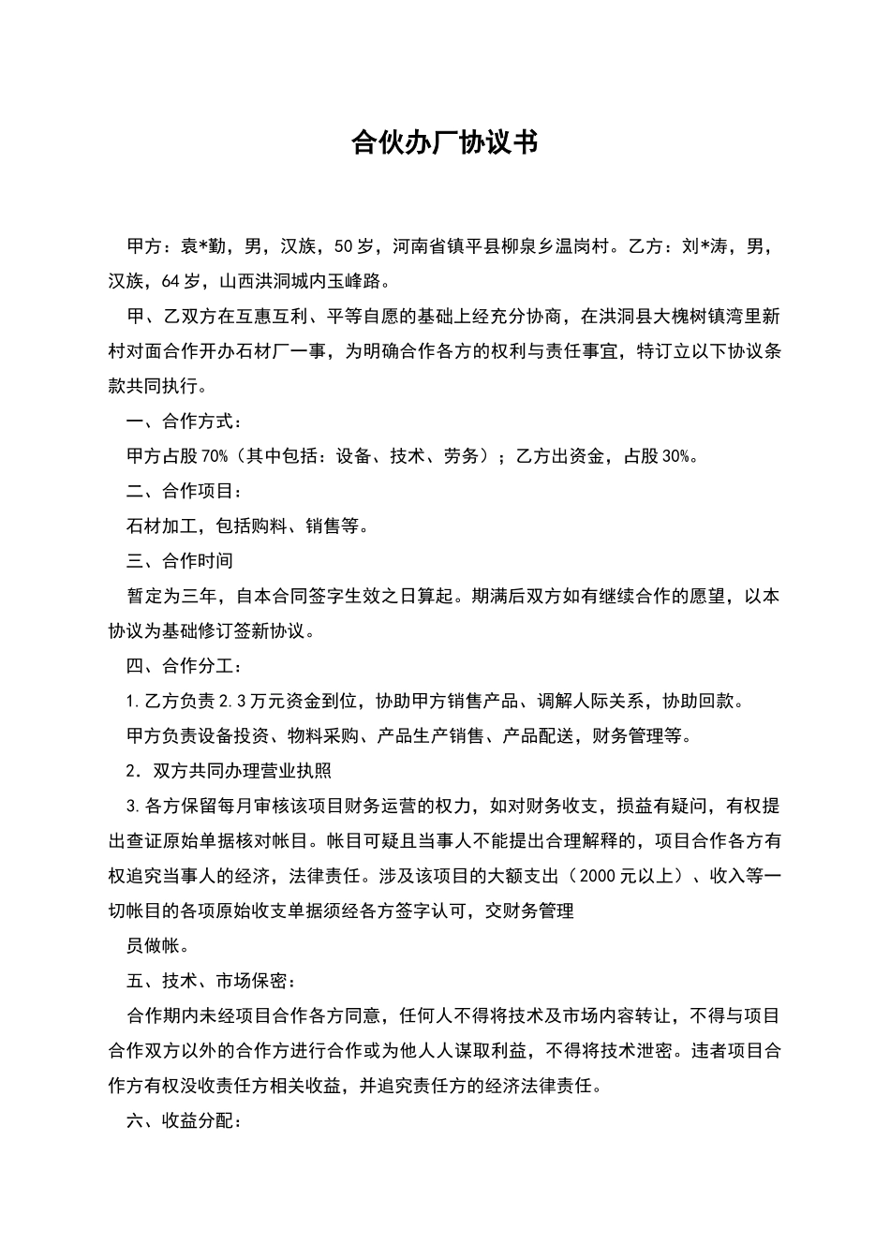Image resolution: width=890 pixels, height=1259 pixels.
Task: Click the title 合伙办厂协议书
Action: [x=444, y=142]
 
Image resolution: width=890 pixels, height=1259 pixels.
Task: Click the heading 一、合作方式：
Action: [x=185, y=421]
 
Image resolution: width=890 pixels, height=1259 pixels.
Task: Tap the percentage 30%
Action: [x=675, y=456]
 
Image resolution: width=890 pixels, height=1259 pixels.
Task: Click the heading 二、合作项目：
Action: [x=185, y=491]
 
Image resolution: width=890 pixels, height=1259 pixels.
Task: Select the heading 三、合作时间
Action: [x=180, y=561]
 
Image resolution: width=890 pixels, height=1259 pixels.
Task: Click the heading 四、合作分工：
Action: [x=185, y=666]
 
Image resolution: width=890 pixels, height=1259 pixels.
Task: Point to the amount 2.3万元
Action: [x=245, y=701]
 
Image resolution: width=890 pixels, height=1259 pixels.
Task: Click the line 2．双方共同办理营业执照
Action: [x=229, y=771]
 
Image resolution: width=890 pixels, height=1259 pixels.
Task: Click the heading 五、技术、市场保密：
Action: [x=212, y=981]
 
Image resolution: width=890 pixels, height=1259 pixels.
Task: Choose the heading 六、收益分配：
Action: [x=185, y=1121]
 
